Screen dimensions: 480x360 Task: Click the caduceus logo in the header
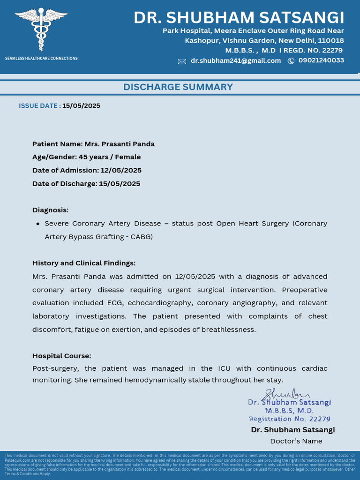(x=41, y=29)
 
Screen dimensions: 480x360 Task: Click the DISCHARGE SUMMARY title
(x=178, y=87)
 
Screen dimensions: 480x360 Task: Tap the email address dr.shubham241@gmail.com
(x=235, y=61)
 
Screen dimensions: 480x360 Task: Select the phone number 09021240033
(x=321, y=60)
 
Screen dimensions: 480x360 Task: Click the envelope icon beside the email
(x=182, y=61)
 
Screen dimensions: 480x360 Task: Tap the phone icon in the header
(x=291, y=61)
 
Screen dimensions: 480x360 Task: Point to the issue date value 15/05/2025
(x=81, y=105)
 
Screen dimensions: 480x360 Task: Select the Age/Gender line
(x=86, y=157)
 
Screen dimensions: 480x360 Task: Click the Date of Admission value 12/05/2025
(x=121, y=170)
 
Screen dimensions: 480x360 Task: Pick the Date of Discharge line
(x=86, y=183)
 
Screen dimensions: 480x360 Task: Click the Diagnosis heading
(x=50, y=210)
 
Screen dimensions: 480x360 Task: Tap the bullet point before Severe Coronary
(x=37, y=224)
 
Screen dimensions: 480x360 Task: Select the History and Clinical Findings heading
(x=83, y=263)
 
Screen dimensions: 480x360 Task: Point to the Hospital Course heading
(x=61, y=356)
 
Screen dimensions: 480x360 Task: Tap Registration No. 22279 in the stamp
(x=289, y=419)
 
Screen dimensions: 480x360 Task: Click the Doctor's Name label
(x=296, y=441)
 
